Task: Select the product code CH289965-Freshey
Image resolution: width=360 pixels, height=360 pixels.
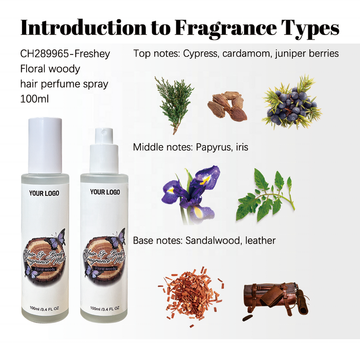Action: pos(65,54)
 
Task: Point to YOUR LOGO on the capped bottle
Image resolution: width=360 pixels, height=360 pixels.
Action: pos(44,193)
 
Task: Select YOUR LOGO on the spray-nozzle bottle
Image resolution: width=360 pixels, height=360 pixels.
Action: pos(105,192)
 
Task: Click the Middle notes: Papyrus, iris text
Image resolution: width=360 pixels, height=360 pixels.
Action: pos(190,147)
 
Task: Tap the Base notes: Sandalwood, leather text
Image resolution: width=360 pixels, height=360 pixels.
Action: pos(204,241)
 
